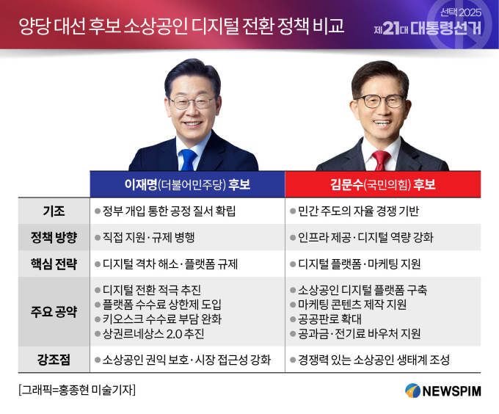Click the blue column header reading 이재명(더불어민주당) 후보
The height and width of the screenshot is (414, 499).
pos(187,184)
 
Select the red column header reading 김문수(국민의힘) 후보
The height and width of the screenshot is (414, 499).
pos(383,184)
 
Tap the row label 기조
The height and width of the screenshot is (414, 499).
pos(54,211)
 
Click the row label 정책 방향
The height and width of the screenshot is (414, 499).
pos(54,237)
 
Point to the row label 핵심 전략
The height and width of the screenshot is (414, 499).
pos(54,264)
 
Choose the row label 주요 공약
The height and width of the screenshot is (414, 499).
pos(54,311)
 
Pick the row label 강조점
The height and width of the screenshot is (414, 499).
pos(54,360)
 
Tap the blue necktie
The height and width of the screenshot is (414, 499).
pos(188,160)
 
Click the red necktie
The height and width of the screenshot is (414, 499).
pos(381,161)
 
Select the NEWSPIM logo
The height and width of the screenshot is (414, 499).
pos(443,391)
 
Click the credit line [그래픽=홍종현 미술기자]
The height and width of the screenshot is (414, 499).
pos(77,390)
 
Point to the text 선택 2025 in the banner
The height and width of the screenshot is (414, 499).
pos(461,12)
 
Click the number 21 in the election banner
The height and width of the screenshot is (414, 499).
pos(391,29)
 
